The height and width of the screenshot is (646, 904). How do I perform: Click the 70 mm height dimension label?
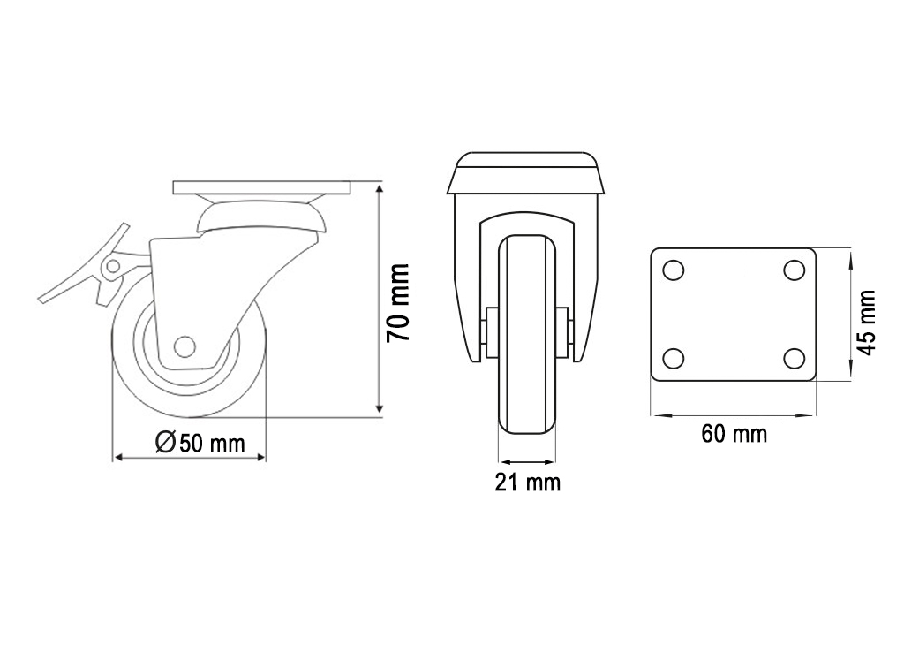tap(398, 302)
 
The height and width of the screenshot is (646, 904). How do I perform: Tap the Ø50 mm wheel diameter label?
tap(200, 442)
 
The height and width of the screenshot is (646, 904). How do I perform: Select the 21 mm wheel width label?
tap(528, 483)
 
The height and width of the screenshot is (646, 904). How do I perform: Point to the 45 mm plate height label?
tap(867, 323)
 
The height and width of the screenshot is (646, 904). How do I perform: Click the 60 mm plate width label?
tap(734, 434)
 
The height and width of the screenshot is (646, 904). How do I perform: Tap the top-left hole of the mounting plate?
tap(674, 270)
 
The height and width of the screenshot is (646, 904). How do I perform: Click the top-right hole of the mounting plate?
tap(795, 270)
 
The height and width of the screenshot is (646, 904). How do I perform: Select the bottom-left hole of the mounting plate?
tap(674, 359)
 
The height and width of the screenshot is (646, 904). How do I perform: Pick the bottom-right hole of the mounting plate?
tap(795, 359)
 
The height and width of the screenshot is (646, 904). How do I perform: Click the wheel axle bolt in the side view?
tap(185, 346)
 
